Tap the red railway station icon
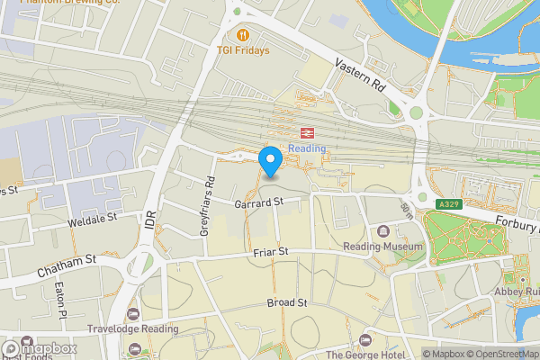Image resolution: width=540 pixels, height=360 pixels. click(x=307, y=131)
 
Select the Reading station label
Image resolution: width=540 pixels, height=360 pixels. click(x=307, y=148)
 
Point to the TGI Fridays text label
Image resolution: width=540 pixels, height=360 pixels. click(x=243, y=50)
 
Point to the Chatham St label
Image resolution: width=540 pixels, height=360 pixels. click(x=66, y=265)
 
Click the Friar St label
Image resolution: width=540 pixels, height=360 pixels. click(x=269, y=252)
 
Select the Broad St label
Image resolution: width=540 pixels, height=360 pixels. click(x=287, y=303)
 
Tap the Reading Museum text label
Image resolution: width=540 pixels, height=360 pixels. click(x=382, y=247)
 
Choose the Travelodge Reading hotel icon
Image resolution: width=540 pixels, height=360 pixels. click(x=134, y=313)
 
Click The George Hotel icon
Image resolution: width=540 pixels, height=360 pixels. click(x=364, y=339)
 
